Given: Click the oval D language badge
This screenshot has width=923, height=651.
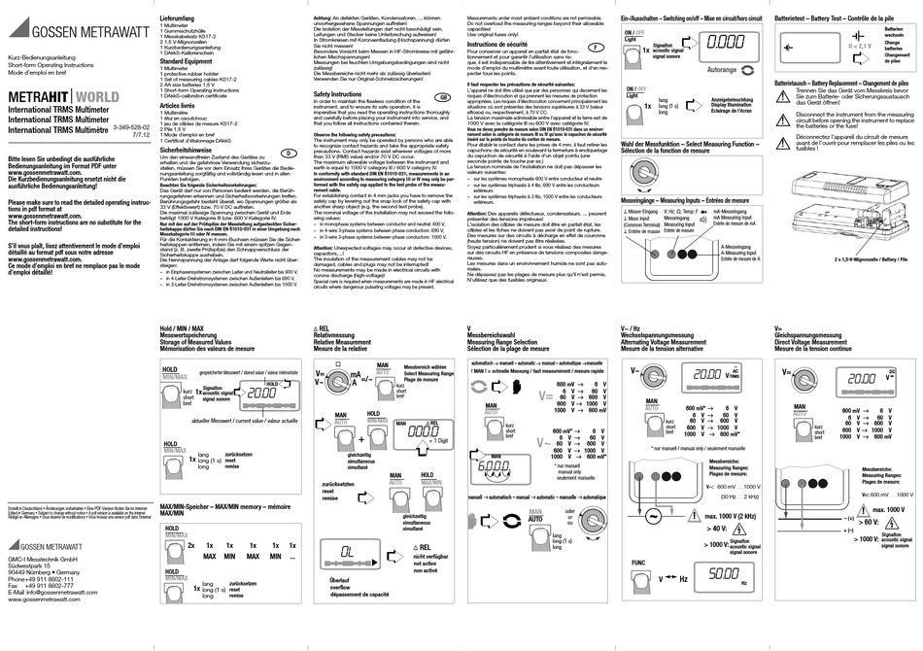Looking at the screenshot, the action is [288, 154].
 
